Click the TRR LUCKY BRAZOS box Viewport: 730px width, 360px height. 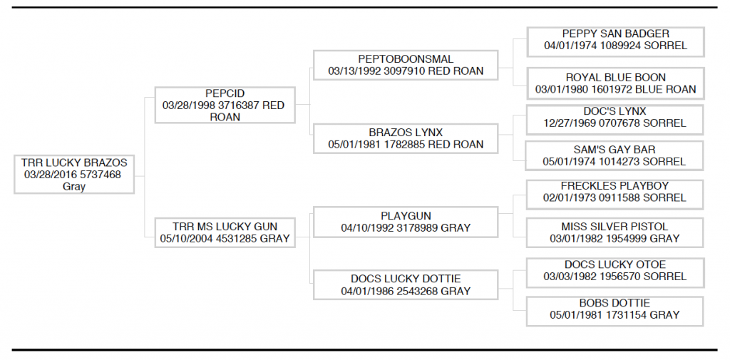pyautogui.click(x=74, y=174)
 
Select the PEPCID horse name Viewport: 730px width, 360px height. pyautogui.click(x=225, y=93)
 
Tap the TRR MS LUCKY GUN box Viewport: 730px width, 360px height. pyautogui.click(x=225, y=232)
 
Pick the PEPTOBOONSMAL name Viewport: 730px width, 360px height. pyautogui.click(x=406, y=59)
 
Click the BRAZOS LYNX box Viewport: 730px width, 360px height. pyautogui.click(x=406, y=138)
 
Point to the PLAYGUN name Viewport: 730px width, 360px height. pyautogui.click(x=406, y=216)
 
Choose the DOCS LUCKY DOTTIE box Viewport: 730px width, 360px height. pyautogui.click(x=406, y=284)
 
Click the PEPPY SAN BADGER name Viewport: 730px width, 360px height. pyautogui.click(x=615, y=34)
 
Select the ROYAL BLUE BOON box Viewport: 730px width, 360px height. pyautogui.click(x=615, y=83)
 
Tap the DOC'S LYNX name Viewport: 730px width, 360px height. pyautogui.click(x=615, y=111)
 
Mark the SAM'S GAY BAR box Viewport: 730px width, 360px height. pyautogui.click(x=614, y=155)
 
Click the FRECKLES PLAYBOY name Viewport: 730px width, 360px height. pyautogui.click(x=615, y=186)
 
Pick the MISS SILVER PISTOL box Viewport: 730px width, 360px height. pyautogui.click(x=615, y=232)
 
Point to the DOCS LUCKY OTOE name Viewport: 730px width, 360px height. pyautogui.click(x=615, y=264)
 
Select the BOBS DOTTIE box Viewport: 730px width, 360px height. pyautogui.click(x=615, y=311)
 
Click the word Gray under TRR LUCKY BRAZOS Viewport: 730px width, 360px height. pyautogui.click(x=74, y=187)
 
